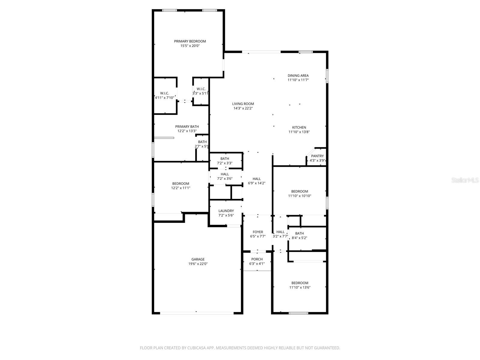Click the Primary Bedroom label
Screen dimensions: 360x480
coord(190,41)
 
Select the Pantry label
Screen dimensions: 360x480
coord(317,156)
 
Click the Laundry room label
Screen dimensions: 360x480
coord(226,211)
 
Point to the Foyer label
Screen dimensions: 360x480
coord(258,232)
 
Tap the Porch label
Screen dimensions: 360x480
coord(257,259)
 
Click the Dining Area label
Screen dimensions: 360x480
coord(298,76)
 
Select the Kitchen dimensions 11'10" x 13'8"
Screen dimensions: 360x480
coord(299,132)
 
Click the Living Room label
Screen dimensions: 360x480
coord(243,104)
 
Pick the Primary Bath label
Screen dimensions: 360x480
coord(187,127)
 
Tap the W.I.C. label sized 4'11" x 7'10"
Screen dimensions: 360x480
coord(164,93)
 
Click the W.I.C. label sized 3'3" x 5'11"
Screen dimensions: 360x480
coord(201,89)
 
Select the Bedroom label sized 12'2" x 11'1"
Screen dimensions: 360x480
coord(181,184)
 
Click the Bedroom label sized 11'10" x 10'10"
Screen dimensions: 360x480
coord(299,191)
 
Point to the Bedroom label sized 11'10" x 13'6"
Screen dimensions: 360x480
coord(300,283)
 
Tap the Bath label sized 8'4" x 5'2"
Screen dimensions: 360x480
coord(299,233)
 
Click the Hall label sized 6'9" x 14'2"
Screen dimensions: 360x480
coord(256,179)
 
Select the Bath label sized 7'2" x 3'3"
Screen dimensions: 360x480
coord(225,159)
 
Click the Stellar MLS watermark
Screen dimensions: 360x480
coord(465,180)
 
